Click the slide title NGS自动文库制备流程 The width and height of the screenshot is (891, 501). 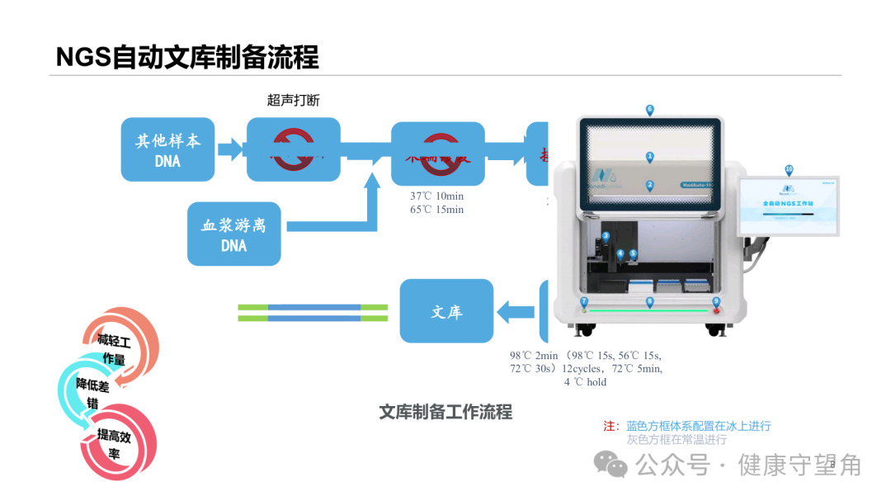coord(187,57)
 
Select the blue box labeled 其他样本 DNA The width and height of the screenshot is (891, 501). coord(167,150)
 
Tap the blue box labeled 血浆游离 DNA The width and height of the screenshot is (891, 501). coord(233,234)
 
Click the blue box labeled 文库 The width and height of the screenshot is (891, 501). coord(446,312)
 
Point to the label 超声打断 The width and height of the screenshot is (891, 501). coord(293,100)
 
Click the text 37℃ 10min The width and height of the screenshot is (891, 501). coord(437,196)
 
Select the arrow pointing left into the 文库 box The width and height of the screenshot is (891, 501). coord(516,312)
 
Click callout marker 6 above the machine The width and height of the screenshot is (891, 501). coord(649,110)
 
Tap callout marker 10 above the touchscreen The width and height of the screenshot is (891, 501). coord(789,170)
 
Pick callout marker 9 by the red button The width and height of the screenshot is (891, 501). coord(715,302)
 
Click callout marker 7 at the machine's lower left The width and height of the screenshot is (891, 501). coord(583,302)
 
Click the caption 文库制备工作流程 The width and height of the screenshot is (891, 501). coord(445,412)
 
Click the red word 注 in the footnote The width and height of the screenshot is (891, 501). coord(610,426)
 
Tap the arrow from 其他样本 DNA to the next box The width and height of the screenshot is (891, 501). coord(230,149)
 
